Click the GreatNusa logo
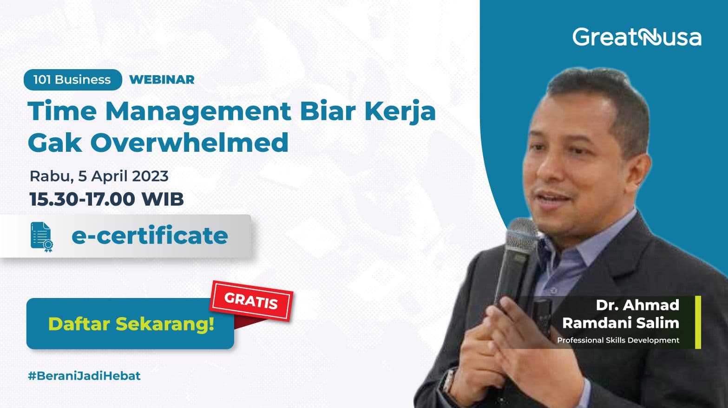click(636, 37)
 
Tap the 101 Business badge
click(72, 80)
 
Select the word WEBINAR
click(162, 80)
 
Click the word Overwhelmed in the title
click(189, 142)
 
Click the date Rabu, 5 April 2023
click(99, 176)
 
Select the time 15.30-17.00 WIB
click(107, 199)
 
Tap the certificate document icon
click(41, 237)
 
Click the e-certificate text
click(150, 236)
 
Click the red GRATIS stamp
click(251, 301)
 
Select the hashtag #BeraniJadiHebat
click(84, 376)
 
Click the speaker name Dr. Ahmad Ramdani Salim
click(621, 314)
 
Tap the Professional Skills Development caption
click(618, 340)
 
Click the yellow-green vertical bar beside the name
click(698, 322)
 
